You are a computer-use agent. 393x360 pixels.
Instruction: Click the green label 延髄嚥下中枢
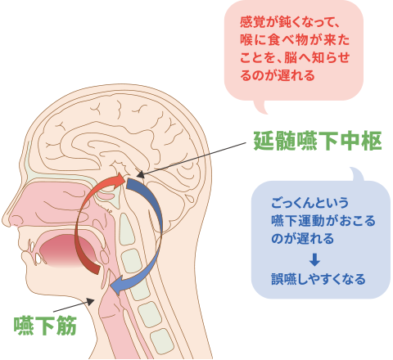[x=318, y=141]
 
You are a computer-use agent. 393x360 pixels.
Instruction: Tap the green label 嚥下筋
[x=45, y=326]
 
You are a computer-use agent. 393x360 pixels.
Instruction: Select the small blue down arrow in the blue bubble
[x=314, y=259]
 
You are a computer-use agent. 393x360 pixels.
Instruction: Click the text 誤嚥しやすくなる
[x=318, y=279]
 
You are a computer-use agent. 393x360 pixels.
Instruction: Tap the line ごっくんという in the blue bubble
[x=309, y=203]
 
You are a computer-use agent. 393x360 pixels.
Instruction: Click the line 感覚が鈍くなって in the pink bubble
[x=290, y=22]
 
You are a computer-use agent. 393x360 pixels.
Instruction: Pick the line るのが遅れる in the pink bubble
[x=278, y=75]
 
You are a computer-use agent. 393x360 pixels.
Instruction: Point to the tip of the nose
[x=6, y=219]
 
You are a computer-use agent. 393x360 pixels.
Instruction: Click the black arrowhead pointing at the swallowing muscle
[x=90, y=301]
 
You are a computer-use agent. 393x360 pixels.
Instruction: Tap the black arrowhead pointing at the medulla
[x=140, y=174]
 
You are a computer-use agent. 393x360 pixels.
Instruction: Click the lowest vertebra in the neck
[x=162, y=341]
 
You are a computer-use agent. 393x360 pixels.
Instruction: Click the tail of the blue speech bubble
[x=357, y=174]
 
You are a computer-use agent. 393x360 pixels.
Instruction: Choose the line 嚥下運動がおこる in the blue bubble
[x=323, y=221]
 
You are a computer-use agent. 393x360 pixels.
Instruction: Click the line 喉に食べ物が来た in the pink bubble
[x=295, y=40]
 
